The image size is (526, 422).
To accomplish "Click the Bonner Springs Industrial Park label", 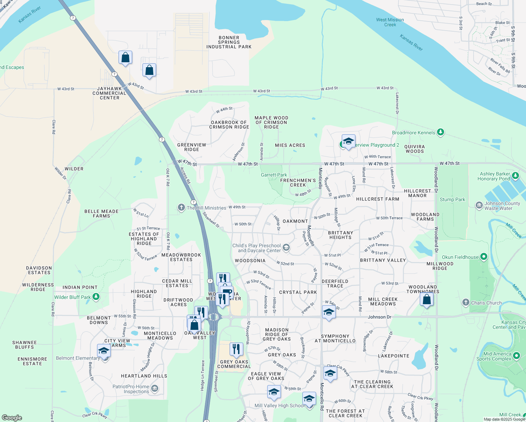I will point(229,42).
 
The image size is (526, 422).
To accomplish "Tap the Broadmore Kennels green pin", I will point(441,133).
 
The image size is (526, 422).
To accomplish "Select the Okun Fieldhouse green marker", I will point(484,257).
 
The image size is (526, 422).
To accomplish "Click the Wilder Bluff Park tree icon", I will point(96,297).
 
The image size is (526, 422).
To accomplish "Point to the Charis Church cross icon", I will point(466,302).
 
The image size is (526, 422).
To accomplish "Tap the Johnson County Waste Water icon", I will point(479,205).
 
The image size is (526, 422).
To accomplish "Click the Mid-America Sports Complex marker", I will point(516,356).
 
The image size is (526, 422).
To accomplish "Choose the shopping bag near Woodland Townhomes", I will point(426,300).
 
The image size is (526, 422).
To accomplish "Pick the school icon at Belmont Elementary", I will point(104,351).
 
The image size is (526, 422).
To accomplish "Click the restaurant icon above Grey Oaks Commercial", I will point(236,349).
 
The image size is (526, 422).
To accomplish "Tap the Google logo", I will point(12,418).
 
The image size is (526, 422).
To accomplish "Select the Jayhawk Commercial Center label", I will point(109,93).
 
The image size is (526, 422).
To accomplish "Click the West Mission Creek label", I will point(390,22).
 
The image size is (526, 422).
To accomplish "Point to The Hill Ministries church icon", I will point(181,207).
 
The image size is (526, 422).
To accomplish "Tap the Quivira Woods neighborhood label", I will point(415,149).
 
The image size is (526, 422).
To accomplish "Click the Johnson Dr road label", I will point(379,317).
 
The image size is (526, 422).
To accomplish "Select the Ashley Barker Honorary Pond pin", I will point(515,175).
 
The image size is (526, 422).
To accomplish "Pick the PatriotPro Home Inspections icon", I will point(155,389).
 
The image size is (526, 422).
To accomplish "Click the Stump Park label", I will point(452,199).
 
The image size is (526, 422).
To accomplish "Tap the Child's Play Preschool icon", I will point(286,248).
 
